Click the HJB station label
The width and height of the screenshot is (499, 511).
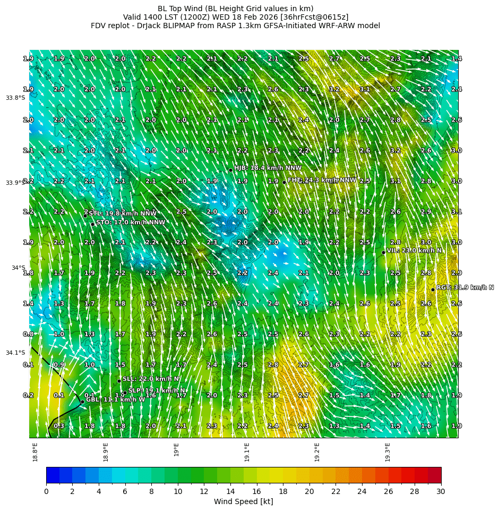tap(260, 168)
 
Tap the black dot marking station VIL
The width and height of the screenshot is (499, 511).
tap(383, 252)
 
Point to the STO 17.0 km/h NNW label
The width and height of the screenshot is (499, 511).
tap(131, 223)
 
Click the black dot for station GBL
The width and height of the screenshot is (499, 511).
tap(82, 402)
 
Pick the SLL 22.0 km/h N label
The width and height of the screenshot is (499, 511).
tap(151, 379)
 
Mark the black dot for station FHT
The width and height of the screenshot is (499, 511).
tap(284, 182)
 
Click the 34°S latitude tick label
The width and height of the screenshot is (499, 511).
tap(19, 268)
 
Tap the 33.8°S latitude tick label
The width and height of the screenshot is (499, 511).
tap(15, 98)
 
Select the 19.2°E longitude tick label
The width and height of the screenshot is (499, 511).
tap(317, 452)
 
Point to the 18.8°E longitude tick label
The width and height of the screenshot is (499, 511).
tap(35, 452)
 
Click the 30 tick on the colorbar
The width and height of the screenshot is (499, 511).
tap(441, 491)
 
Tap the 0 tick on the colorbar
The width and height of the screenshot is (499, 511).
tap(46, 491)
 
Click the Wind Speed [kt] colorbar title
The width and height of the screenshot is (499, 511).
tap(243, 501)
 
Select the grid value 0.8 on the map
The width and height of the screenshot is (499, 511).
tap(28, 334)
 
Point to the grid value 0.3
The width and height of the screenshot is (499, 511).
tap(59, 426)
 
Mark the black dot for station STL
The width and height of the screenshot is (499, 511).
tap(85, 215)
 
